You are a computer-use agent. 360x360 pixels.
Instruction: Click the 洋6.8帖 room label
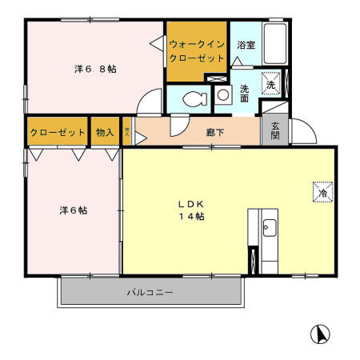95,69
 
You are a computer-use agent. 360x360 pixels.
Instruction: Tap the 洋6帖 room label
73,210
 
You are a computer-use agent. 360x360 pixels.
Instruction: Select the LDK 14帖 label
190,210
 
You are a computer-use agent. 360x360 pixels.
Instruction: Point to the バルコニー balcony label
150,293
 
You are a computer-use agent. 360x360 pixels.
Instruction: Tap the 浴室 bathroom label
245,46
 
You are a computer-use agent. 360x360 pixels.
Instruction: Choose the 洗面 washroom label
244,93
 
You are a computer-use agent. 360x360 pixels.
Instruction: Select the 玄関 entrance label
274,130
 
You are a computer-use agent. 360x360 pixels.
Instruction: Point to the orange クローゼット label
57,132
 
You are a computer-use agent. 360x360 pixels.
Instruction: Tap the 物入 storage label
104,132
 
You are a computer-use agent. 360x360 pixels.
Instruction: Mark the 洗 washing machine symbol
271,84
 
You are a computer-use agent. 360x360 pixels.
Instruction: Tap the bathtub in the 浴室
275,46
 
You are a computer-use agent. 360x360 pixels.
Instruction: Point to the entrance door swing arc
302,132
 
